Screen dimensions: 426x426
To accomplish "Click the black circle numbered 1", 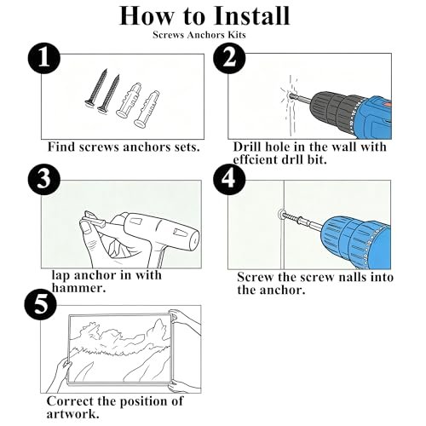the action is coord(44,59).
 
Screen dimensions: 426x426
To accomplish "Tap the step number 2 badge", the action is coord(229,58).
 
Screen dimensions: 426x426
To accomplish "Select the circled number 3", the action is coord(44,179).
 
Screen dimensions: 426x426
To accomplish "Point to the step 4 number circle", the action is coord(229,179).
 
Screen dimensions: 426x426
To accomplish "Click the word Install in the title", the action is coord(251,15).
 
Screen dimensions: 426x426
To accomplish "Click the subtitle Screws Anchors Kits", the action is coord(199,35).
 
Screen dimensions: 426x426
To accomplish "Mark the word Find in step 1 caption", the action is coord(61,147).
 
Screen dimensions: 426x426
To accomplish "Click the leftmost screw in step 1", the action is coord(96,87).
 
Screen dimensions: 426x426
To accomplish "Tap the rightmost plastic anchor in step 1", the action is coord(147,108).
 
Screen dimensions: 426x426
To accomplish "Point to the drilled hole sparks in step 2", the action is coord(291,96).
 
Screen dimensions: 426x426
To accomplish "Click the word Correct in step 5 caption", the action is coord(70,401).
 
